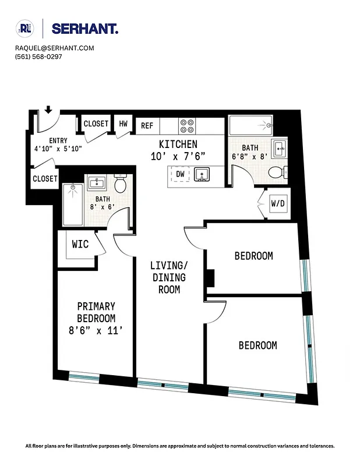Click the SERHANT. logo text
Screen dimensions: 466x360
(x=85, y=29)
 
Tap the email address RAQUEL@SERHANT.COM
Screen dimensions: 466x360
(x=55, y=48)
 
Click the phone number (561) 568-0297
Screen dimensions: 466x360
(x=38, y=57)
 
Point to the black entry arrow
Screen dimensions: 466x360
(x=48, y=110)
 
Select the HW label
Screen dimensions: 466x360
(x=123, y=123)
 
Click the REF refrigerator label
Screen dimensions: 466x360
(x=147, y=125)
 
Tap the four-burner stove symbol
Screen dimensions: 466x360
(x=187, y=126)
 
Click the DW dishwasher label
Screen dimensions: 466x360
(x=180, y=174)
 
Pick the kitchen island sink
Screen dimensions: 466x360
(x=202, y=174)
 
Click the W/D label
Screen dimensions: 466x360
(x=278, y=204)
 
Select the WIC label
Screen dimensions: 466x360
(x=80, y=244)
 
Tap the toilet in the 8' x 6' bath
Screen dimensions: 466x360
(x=121, y=185)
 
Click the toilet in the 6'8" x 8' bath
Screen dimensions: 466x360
(x=277, y=172)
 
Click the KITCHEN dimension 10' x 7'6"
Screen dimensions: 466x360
(x=178, y=156)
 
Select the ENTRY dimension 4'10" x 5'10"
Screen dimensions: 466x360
(x=58, y=149)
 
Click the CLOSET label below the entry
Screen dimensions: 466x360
(x=45, y=179)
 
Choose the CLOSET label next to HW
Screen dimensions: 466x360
(x=96, y=123)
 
